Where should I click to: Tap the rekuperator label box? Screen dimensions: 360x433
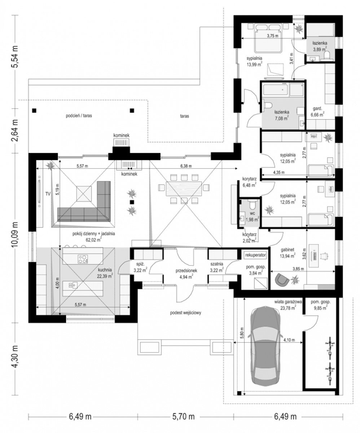(x=255, y=255)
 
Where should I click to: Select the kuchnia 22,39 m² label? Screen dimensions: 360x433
(x=105, y=273)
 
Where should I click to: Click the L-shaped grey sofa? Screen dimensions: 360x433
(x=87, y=206)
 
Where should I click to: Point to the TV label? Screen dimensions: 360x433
(x=48, y=194)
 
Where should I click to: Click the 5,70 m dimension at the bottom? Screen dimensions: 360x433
(x=184, y=416)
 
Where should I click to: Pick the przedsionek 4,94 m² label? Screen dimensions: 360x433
(x=186, y=274)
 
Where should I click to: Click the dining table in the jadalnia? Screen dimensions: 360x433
(x=184, y=189)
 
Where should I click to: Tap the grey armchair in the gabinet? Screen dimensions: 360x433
(x=282, y=280)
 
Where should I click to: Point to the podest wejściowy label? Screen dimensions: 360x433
(x=186, y=312)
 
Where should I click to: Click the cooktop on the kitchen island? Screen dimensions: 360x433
(x=83, y=259)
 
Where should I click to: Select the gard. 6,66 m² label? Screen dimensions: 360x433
(x=317, y=111)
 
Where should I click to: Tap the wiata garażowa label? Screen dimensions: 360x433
(x=288, y=302)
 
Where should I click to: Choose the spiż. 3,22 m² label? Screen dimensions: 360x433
(x=140, y=267)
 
